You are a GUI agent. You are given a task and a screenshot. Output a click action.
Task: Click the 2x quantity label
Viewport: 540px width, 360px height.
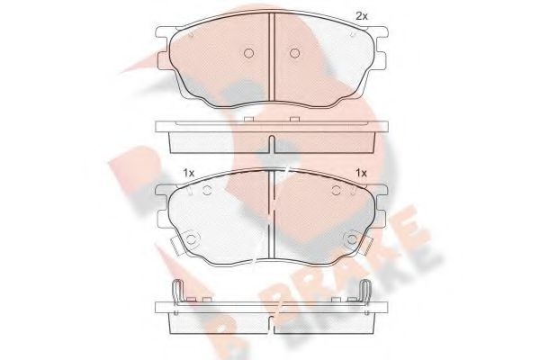pos(362,16)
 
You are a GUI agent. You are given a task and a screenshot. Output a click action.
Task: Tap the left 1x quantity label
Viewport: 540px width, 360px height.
pos(189,173)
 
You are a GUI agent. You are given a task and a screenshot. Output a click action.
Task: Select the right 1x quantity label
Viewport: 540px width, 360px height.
pos(361,173)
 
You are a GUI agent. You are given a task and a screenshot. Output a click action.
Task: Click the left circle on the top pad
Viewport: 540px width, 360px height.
pos(248,53)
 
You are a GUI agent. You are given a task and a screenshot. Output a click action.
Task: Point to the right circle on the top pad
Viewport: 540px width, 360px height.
pos(294,53)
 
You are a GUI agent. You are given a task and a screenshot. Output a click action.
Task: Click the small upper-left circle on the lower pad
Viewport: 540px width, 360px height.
pos(207,190)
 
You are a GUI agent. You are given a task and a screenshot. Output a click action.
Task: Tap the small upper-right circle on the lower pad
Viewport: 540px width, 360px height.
pos(337,190)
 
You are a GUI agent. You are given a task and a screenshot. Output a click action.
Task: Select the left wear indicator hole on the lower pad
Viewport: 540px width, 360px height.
pos(191,238)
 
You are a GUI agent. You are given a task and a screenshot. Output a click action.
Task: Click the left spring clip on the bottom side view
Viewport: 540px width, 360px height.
pos(177,292)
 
